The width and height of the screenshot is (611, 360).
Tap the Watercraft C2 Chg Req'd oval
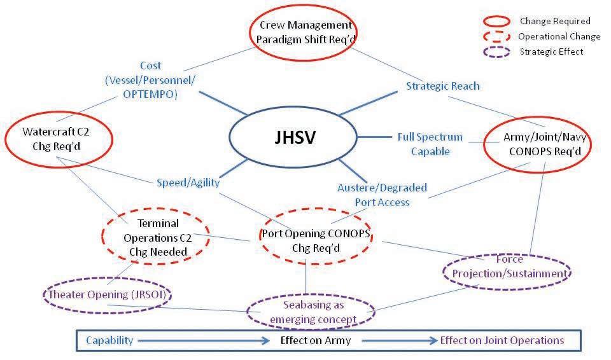pos(58,139)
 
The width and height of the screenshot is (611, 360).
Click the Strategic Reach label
pos(442,86)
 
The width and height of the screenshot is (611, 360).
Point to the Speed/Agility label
pos(188,183)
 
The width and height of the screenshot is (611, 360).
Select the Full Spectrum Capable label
pos(430,144)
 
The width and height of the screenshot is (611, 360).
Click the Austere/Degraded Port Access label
pos(382,195)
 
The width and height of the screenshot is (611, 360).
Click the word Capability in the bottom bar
pos(109,340)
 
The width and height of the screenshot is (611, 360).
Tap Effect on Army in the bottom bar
pos(316,340)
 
